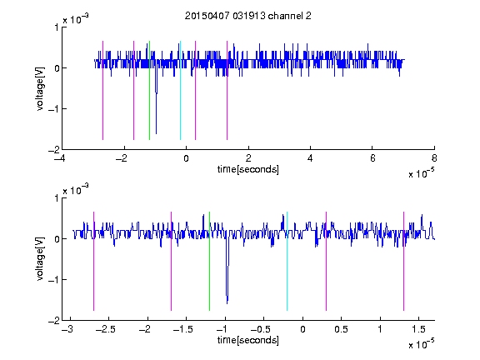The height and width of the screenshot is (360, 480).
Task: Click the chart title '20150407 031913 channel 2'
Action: pos(248,16)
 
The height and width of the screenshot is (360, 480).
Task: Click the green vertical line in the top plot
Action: pos(149,90)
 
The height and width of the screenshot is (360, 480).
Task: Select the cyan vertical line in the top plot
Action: pos(180,90)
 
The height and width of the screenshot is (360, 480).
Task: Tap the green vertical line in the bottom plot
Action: pos(209,261)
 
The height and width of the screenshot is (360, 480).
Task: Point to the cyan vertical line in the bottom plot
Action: pos(287,261)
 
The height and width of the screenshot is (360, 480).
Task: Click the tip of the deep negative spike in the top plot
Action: pos(156,134)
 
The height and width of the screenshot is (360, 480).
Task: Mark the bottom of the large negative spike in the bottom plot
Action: pos(227,303)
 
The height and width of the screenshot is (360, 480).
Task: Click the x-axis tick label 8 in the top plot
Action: pos(434,158)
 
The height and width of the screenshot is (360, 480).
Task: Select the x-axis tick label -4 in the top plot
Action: pos(59,158)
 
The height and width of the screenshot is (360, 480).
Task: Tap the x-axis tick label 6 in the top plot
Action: pos(372,158)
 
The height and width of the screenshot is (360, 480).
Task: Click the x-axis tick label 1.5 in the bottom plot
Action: pos(418,329)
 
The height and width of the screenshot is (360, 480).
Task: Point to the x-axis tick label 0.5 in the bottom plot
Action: pos(341,329)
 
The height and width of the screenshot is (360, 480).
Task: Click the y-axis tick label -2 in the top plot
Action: pos(53,150)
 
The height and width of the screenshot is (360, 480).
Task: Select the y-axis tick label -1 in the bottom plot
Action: pos(53,279)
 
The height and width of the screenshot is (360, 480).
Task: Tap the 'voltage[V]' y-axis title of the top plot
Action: pos(40,88)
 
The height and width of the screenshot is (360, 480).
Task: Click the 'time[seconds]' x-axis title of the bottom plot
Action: pos(248,340)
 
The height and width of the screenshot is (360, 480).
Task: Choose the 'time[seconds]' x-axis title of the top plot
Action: pos(248,169)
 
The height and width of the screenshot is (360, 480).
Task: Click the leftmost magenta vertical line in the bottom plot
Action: pos(93,261)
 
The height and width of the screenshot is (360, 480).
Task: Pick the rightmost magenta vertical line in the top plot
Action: pos(227,90)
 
